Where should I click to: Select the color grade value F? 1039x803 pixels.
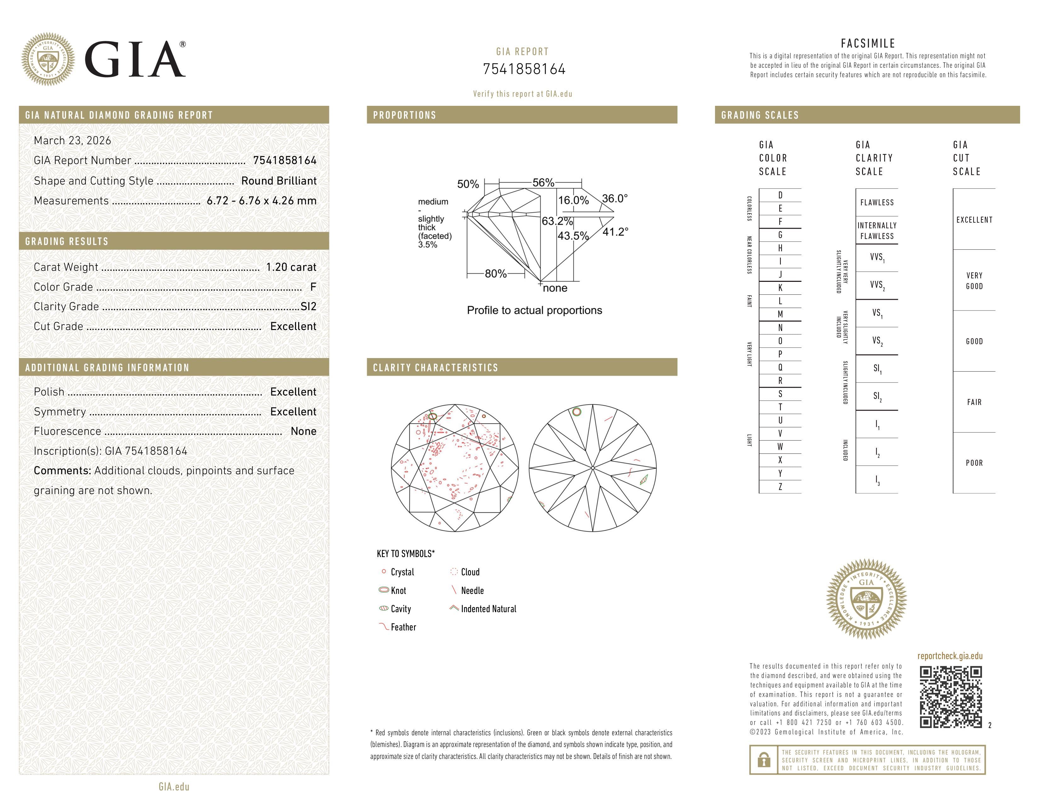point(313,287)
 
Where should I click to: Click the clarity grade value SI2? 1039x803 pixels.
point(308,307)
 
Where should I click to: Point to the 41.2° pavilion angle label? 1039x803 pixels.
point(615,232)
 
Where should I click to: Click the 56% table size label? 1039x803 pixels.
point(543,183)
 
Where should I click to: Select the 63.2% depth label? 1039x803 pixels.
point(557,221)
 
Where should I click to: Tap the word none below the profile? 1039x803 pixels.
point(555,288)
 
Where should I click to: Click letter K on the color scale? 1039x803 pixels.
point(780,288)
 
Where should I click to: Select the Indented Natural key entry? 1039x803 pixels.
point(488,609)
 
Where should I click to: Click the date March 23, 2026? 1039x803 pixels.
point(72,141)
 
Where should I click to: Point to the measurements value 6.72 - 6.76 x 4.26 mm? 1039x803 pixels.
point(261,201)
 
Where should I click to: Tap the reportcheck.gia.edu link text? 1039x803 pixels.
point(950,656)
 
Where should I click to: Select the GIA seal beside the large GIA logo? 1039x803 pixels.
point(48,60)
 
